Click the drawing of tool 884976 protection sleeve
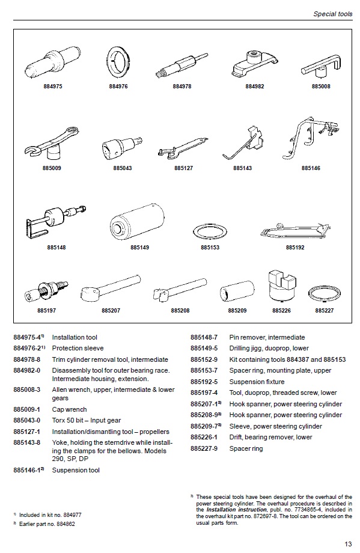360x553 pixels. coord(118,63)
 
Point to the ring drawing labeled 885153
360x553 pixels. coord(210,231)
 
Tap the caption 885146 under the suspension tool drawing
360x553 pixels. coord(311,168)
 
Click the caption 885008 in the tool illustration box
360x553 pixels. coord(322,87)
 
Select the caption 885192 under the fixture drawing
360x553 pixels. coord(295,247)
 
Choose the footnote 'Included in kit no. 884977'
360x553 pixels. coord(55,515)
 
